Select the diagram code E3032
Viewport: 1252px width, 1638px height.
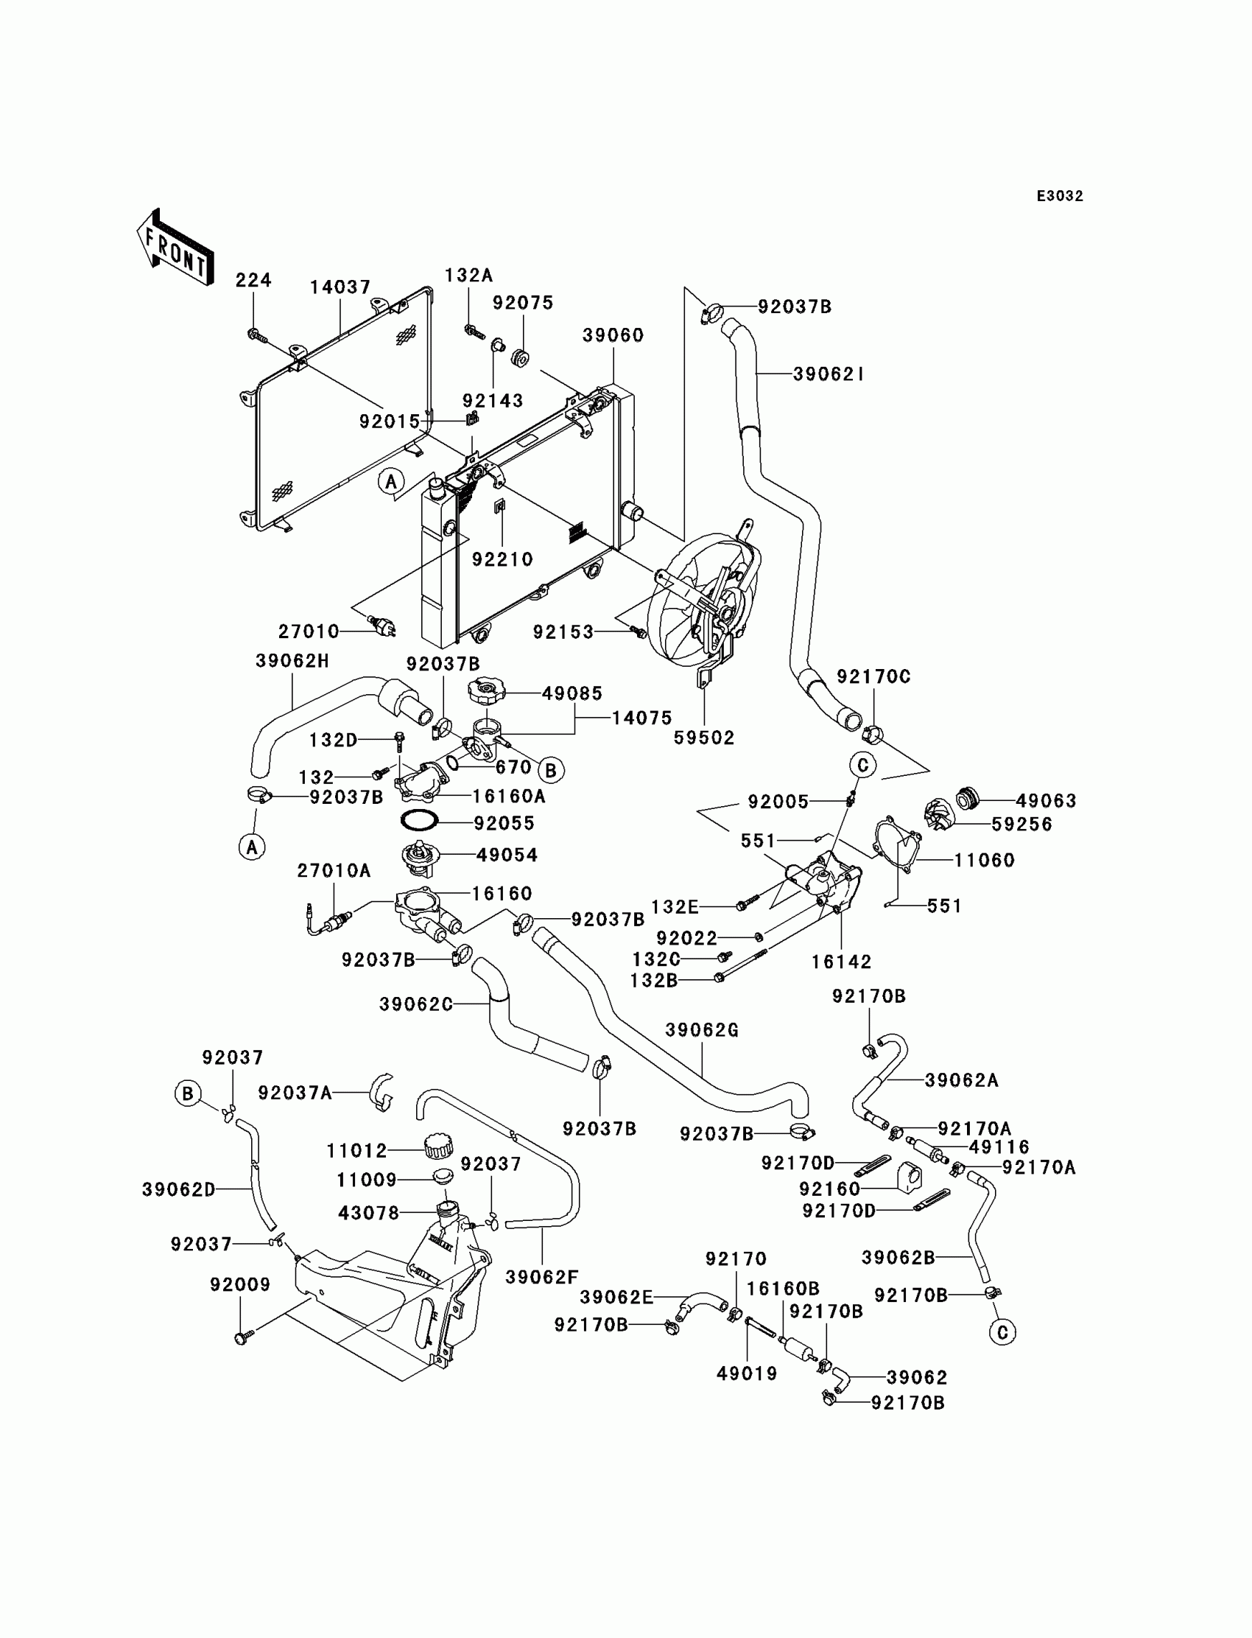click(x=1060, y=196)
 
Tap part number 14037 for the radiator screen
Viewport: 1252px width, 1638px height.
click(x=340, y=287)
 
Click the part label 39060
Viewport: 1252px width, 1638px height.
click(x=613, y=335)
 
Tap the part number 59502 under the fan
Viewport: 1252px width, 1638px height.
click(x=703, y=738)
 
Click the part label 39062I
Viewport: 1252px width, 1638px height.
click(x=828, y=374)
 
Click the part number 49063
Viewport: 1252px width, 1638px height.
click(x=1046, y=801)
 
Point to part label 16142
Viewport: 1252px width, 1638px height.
click(x=841, y=962)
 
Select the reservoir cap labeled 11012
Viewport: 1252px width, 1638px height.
click(x=437, y=1146)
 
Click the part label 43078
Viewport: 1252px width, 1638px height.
click(x=369, y=1213)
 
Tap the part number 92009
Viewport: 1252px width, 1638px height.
click(x=240, y=1284)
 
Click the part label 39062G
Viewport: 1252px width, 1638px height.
click(x=701, y=1029)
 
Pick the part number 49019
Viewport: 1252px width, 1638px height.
click(x=747, y=1373)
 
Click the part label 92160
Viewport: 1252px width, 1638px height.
click(x=829, y=1189)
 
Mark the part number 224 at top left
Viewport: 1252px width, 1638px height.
click(x=253, y=280)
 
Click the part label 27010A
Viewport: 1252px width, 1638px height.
click(x=333, y=870)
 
